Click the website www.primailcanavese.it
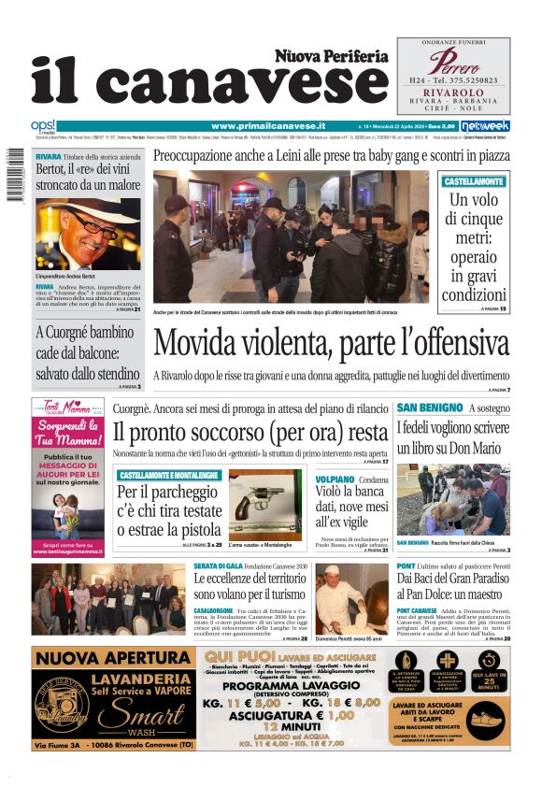(267, 125)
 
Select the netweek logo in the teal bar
(485, 125)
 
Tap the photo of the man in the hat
(89, 235)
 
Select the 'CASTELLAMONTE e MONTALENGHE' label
(169, 476)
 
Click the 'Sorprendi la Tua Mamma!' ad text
(67, 434)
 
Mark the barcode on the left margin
(14, 177)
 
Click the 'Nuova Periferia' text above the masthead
(331, 56)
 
